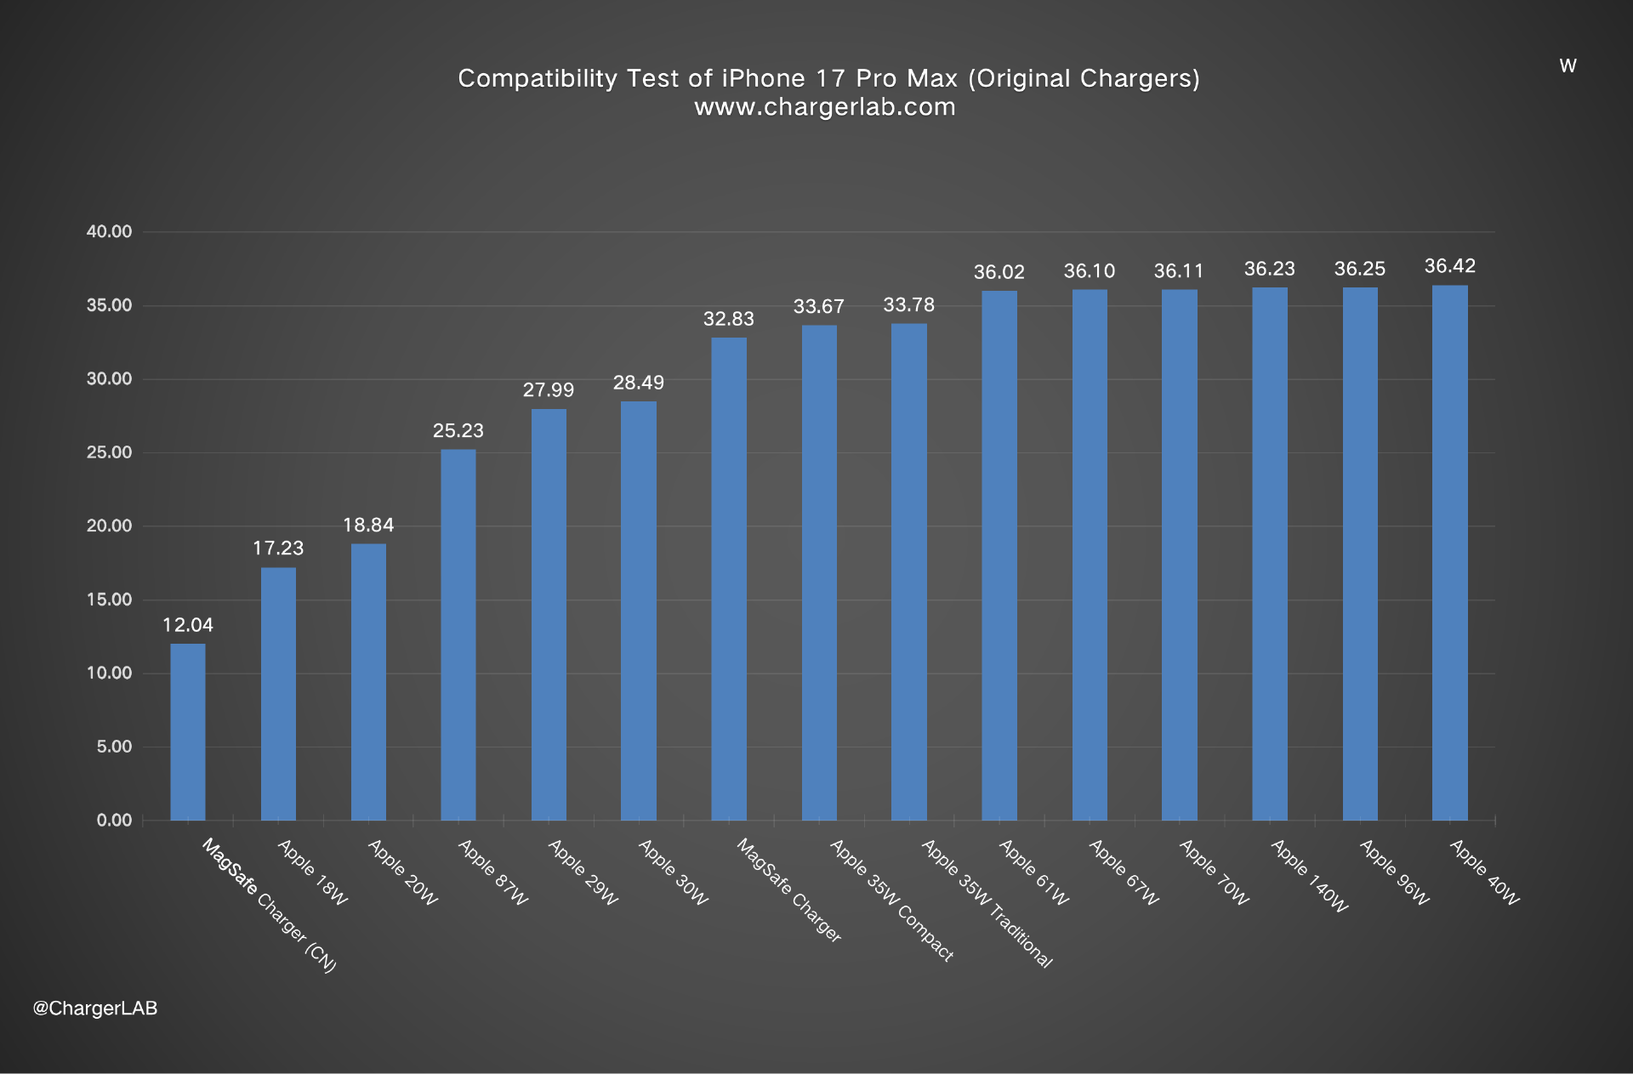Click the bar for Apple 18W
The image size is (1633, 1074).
click(x=278, y=693)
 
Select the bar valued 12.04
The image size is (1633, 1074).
click(x=187, y=731)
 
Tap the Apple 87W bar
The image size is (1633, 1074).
click(x=458, y=634)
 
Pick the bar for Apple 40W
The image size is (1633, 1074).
click(x=1449, y=553)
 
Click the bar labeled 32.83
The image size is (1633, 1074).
click(x=729, y=578)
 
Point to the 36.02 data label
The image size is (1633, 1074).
click(x=999, y=272)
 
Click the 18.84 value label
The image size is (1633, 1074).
click(x=368, y=525)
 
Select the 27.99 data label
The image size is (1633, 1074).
click(x=549, y=389)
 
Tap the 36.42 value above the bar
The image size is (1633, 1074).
click(x=1449, y=266)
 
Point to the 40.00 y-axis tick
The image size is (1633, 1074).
click(x=110, y=231)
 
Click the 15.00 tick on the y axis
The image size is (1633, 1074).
click(x=110, y=600)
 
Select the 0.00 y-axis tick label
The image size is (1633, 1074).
click(x=114, y=820)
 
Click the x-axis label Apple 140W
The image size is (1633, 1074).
click(x=1309, y=876)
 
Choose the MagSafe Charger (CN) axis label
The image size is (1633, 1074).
click(x=269, y=905)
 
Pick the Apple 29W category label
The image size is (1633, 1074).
click(x=583, y=872)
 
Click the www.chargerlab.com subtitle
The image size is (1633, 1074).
click(x=824, y=107)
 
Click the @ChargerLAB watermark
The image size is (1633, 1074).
click(x=95, y=1008)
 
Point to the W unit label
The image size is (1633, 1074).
click(x=1568, y=66)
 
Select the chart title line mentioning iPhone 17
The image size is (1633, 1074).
click(x=828, y=78)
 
